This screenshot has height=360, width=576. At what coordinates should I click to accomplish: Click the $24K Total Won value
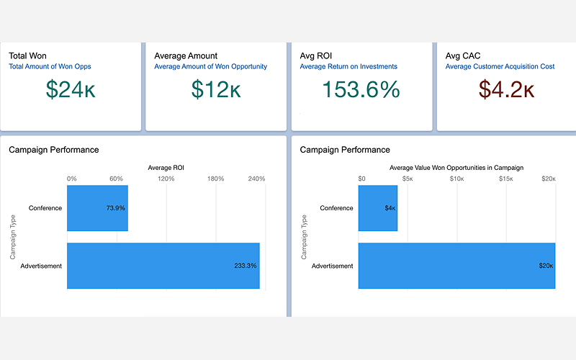tap(71, 89)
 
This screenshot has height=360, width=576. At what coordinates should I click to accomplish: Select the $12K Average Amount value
tap(216, 89)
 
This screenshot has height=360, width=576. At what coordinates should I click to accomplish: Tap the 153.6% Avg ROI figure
tap(361, 89)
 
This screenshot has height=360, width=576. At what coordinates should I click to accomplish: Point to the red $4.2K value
tap(506, 89)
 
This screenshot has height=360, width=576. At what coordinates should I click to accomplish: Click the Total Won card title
tap(27, 55)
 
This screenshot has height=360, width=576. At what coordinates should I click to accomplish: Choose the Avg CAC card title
tap(462, 55)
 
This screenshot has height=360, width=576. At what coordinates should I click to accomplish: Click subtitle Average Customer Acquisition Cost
tap(500, 67)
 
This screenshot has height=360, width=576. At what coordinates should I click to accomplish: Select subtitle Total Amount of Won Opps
tap(50, 67)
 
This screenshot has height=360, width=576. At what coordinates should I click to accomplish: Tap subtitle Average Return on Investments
tap(348, 67)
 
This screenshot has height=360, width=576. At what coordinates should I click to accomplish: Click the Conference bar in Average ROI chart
tap(97, 208)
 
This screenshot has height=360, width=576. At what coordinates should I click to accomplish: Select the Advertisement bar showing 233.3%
tap(163, 266)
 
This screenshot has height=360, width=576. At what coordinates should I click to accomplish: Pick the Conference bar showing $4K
tap(377, 208)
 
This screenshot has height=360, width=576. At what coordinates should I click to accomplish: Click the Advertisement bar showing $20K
tap(456, 266)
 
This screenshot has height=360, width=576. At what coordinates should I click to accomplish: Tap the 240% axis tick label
tap(256, 179)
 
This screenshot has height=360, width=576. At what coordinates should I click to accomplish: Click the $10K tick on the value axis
tap(456, 179)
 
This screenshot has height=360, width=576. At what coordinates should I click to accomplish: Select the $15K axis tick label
tap(505, 179)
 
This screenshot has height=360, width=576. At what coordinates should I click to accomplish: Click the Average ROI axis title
tap(166, 168)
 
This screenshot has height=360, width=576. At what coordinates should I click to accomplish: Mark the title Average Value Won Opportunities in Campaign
tap(456, 168)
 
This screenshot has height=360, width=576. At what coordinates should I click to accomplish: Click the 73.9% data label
tap(115, 208)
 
